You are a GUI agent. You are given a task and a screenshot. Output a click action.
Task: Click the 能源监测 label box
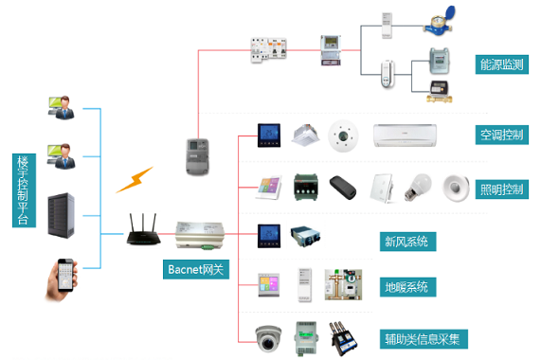[x=501, y=64]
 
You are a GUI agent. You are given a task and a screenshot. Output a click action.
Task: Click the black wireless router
[x=145, y=227]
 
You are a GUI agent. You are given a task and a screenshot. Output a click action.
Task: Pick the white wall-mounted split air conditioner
[x=408, y=136]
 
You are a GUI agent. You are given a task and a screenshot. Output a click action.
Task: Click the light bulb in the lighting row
[x=418, y=188]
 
